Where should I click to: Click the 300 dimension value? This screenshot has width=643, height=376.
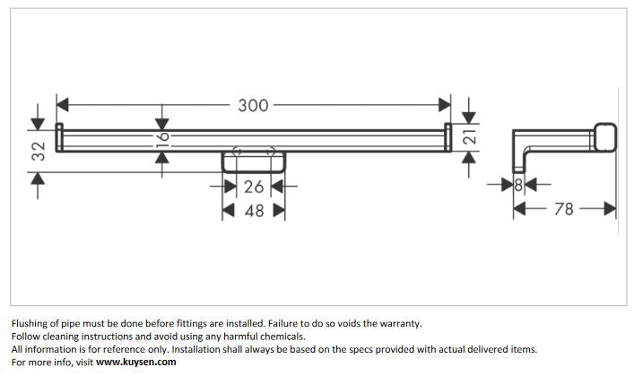click(254, 106)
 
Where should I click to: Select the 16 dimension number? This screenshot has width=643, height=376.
click(161, 137)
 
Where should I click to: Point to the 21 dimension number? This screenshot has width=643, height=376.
click(468, 138)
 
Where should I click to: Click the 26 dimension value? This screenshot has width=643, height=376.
click(254, 187)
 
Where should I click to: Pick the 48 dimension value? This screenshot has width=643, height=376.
click(254, 210)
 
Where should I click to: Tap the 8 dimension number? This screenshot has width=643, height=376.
click(518, 186)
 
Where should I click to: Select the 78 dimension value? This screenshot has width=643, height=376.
click(564, 209)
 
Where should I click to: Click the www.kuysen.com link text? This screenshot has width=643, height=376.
click(136, 363)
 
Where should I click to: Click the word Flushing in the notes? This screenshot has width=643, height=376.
click(31, 323)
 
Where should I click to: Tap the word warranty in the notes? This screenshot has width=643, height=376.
click(397, 323)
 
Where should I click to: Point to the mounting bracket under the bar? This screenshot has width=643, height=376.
click(254, 162)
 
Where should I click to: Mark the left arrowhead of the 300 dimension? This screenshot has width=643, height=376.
click(62, 106)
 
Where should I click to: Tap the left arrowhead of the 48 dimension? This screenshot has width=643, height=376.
click(228, 210)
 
